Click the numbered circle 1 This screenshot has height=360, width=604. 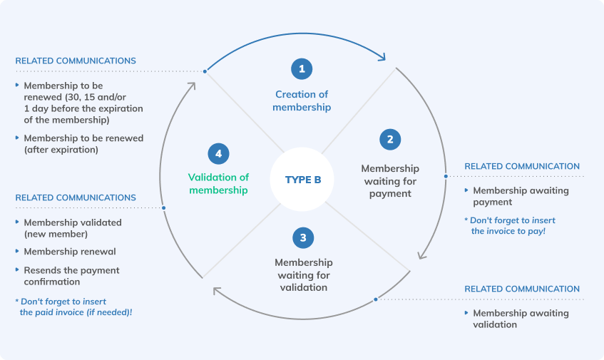tap(302, 68)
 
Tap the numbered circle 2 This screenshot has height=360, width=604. tap(389, 139)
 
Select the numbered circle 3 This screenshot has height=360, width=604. tap(302, 237)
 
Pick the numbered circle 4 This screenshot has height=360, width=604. tap(218, 153)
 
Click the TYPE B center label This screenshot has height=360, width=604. tap(303, 180)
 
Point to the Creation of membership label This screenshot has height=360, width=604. tap(302, 101)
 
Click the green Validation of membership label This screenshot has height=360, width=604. tap(218, 184)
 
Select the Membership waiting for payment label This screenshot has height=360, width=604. tap(389, 181)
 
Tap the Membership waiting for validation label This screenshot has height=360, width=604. tap(302, 274)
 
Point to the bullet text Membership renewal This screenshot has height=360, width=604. tap(70, 252)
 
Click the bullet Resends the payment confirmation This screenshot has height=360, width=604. tap(71, 276)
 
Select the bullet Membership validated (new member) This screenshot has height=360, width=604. tap(72, 227)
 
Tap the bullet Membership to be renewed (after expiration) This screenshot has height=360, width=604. tap(83, 143)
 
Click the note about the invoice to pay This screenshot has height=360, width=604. tap(509, 225)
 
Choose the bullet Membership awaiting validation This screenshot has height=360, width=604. tap(521, 319)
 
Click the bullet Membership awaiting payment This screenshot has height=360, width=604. tap(521, 196)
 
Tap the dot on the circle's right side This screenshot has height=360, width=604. tap(446, 176)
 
